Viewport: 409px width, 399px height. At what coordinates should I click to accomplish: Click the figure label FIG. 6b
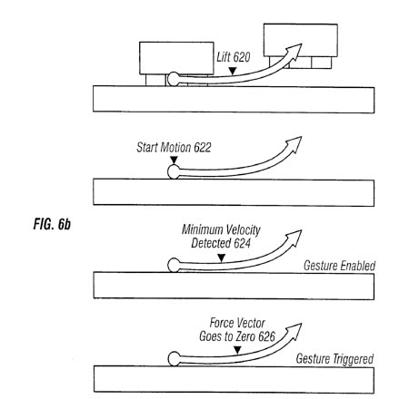click(x=52, y=224)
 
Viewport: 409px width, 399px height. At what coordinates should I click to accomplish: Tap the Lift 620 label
click(x=234, y=57)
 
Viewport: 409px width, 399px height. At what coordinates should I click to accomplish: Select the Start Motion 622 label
click(x=174, y=148)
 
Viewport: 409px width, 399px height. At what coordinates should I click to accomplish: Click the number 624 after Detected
click(x=242, y=243)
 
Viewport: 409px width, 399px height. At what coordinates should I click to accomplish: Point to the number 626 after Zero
click(x=267, y=336)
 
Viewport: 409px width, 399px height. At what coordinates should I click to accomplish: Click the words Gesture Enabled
click(x=339, y=266)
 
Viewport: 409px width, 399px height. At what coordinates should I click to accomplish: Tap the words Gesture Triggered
click(x=334, y=359)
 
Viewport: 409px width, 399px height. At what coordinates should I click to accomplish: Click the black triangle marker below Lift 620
click(x=233, y=71)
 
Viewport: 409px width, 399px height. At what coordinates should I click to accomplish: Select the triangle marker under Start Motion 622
click(x=174, y=160)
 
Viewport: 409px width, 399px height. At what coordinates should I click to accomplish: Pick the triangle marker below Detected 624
click(x=222, y=258)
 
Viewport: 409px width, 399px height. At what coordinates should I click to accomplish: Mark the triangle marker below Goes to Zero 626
click(x=237, y=350)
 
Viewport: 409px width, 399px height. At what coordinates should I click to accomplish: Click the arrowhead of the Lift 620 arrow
click(x=294, y=51)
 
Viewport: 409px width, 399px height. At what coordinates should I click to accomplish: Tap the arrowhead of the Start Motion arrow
click(x=294, y=143)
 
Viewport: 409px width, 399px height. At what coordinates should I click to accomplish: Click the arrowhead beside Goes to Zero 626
click(x=294, y=330)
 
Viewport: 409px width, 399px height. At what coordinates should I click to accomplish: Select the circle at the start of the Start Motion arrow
click(x=174, y=171)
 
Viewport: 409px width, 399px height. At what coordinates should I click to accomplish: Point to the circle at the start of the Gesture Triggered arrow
click(x=174, y=359)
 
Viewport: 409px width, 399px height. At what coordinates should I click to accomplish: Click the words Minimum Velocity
click(x=221, y=229)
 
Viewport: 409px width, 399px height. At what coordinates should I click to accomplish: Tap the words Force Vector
click(x=237, y=323)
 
